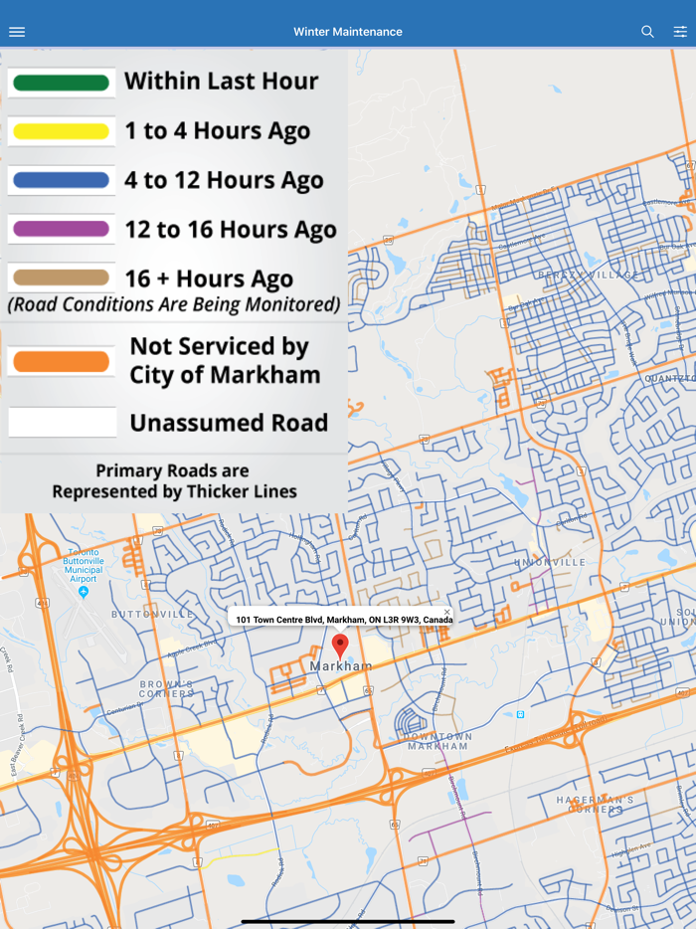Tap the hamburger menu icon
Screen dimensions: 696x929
point(17,32)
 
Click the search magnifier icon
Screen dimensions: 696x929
point(647,32)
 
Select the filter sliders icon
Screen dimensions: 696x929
point(680,32)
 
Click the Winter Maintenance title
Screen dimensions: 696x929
point(348,32)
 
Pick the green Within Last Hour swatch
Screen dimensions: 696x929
point(62,83)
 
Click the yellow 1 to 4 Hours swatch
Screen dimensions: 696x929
point(62,131)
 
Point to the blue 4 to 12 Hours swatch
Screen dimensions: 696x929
point(62,180)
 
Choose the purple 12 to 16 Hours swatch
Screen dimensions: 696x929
point(62,229)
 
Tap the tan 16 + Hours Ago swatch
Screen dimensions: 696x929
point(62,279)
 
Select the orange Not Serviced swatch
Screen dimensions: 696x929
point(62,361)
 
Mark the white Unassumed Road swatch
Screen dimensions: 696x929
point(62,423)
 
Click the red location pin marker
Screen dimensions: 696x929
point(340,644)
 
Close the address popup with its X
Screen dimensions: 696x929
point(447,613)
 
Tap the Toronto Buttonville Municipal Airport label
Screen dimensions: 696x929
point(84,566)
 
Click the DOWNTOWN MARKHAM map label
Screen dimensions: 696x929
point(437,741)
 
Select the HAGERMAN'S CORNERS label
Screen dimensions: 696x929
point(595,805)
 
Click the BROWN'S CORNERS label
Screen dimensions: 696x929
point(165,688)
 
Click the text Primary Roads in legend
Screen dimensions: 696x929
point(172,470)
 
